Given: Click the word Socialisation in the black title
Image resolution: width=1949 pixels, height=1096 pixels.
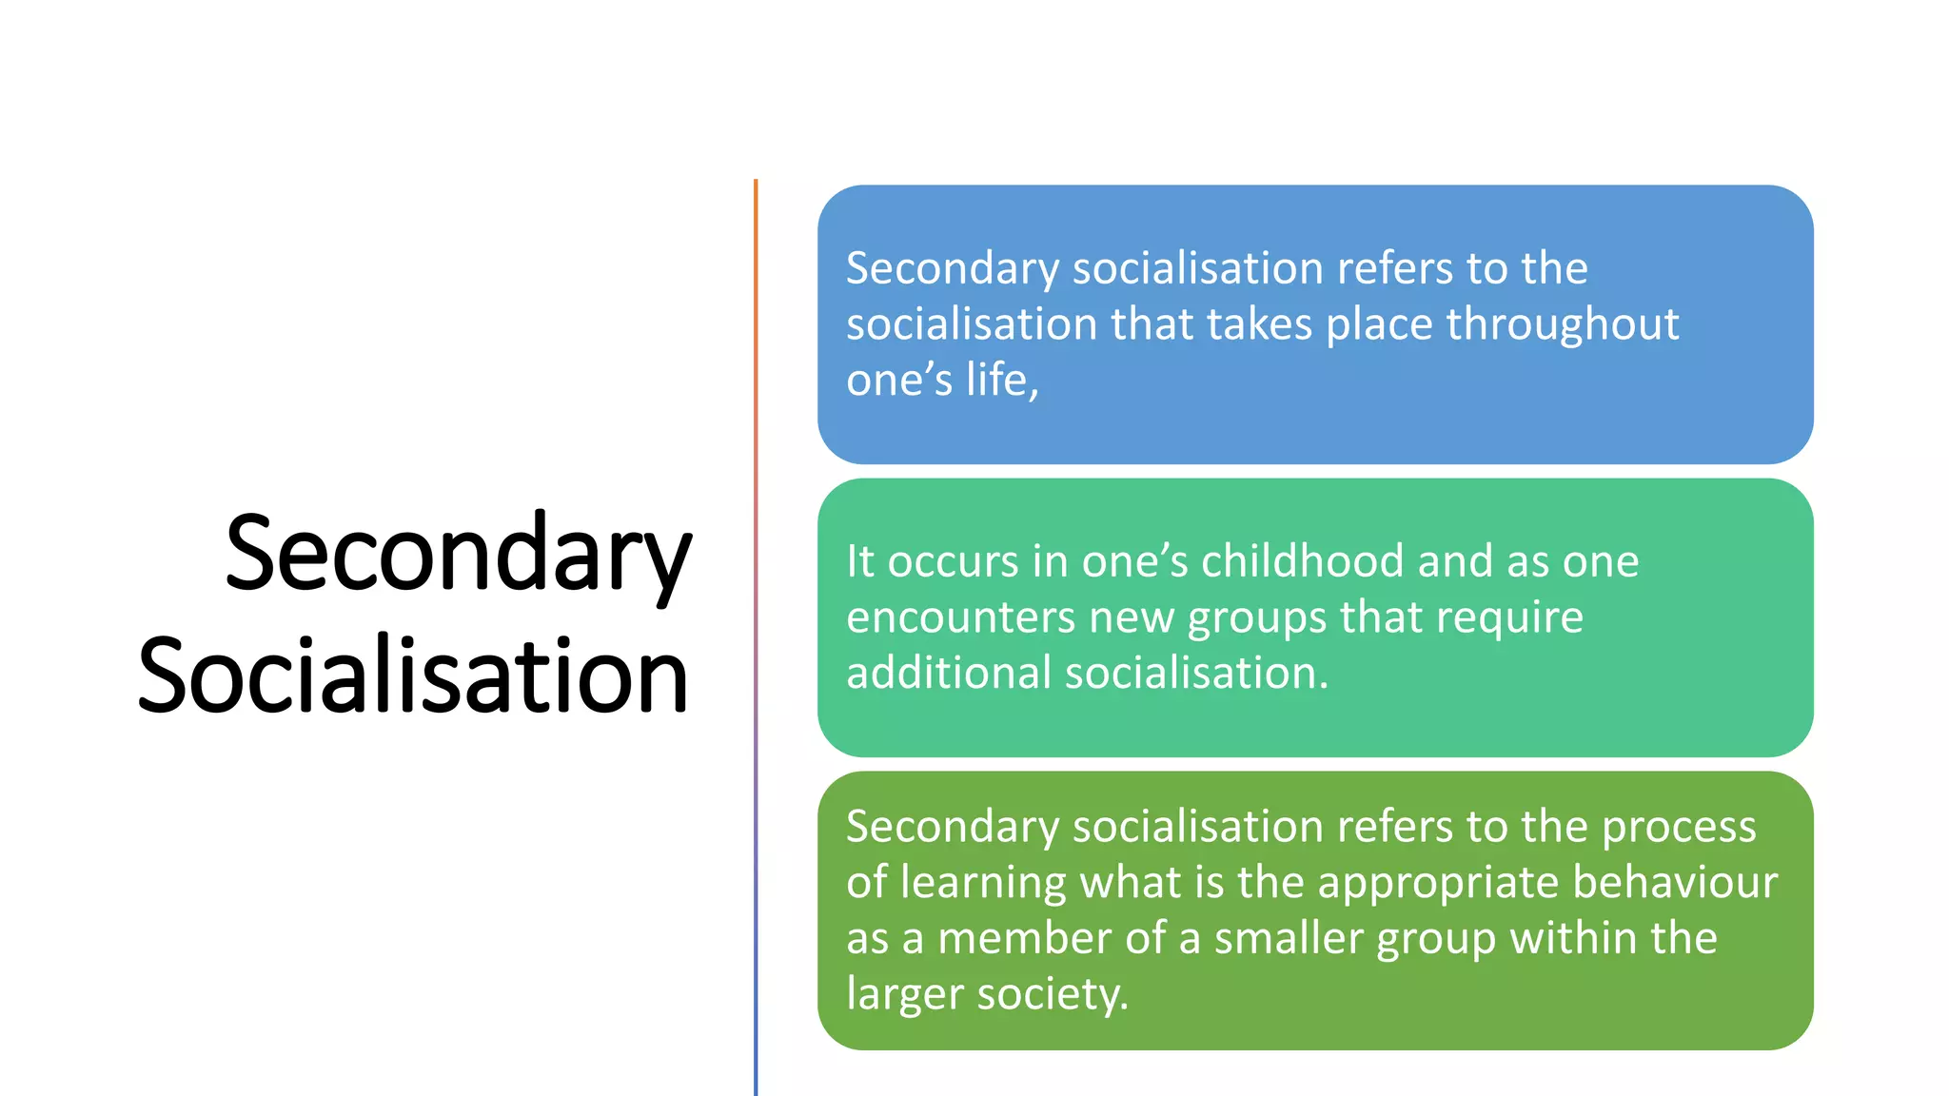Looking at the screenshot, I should (413, 676).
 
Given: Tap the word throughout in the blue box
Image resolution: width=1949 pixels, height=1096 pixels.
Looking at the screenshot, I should (1562, 325).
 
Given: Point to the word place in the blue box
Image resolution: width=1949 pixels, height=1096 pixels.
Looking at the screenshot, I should (1379, 325).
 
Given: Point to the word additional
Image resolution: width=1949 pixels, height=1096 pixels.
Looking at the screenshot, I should (949, 674).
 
